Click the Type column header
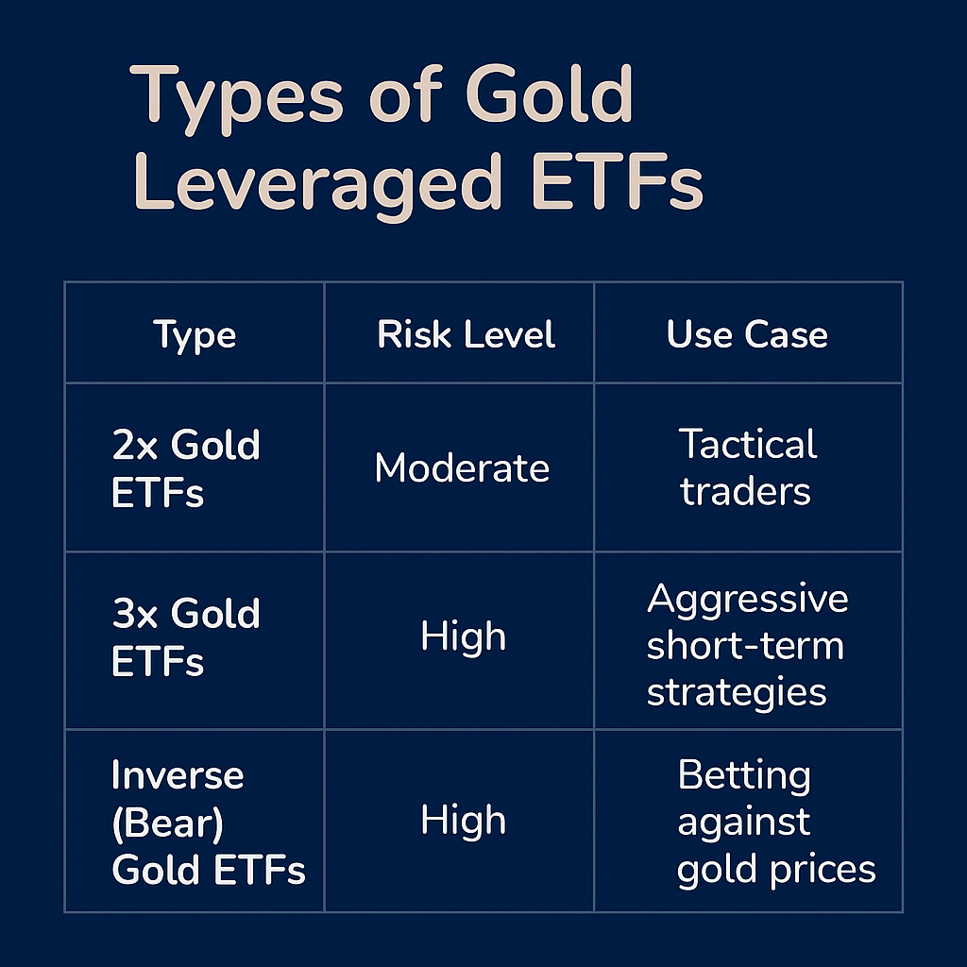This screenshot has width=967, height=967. [x=195, y=335]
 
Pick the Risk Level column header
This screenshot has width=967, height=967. [x=466, y=335]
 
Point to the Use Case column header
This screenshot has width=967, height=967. [x=747, y=335]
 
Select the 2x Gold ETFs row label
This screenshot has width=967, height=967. [x=185, y=468]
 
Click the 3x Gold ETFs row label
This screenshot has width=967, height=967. [x=185, y=636]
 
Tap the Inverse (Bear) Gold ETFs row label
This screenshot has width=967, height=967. [x=208, y=822]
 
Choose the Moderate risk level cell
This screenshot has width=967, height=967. [x=462, y=468]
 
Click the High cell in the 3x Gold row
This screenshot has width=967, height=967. [x=463, y=637]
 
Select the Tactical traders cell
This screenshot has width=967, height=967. [x=747, y=467]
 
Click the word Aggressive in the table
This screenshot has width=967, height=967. [x=747, y=600]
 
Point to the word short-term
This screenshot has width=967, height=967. [x=745, y=646]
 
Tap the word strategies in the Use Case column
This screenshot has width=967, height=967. [x=737, y=691]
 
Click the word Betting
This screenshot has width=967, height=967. [x=744, y=776]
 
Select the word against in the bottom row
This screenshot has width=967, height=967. [x=743, y=823]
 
